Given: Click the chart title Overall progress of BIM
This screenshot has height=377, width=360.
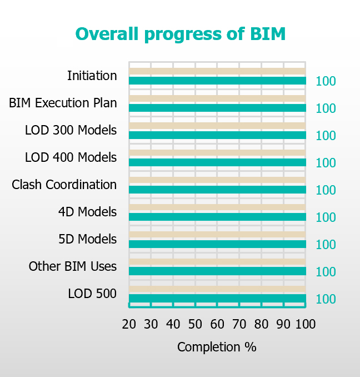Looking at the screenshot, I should [x=180, y=34].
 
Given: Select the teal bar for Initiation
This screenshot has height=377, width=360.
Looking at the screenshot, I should [x=217, y=81].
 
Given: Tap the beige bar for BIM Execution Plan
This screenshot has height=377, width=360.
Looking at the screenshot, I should [x=217, y=99].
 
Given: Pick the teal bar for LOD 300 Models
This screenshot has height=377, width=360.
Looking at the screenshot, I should [x=217, y=135].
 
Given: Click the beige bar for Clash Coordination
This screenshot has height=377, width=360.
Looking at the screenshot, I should [x=217, y=180].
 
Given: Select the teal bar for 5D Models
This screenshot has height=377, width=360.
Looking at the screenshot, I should [x=217, y=244].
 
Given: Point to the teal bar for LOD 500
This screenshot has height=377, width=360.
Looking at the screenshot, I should [x=217, y=299].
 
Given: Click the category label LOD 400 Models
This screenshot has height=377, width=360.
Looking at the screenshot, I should [x=71, y=157].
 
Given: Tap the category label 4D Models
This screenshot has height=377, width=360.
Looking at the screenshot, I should [x=87, y=212].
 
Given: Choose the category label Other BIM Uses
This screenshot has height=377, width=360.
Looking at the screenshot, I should [x=73, y=266].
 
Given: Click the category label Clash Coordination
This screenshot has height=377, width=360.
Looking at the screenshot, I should [x=64, y=185].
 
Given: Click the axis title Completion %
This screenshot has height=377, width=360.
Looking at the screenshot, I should [x=217, y=348].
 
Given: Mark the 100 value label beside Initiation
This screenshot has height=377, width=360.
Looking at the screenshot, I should [x=326, y=82].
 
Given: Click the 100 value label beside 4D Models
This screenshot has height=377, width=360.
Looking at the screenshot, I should [x=326, y=218].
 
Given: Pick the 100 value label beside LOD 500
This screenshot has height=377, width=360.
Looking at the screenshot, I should [x=326, y=300].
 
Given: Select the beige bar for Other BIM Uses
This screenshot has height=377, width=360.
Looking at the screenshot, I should [x=217, y=262].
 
